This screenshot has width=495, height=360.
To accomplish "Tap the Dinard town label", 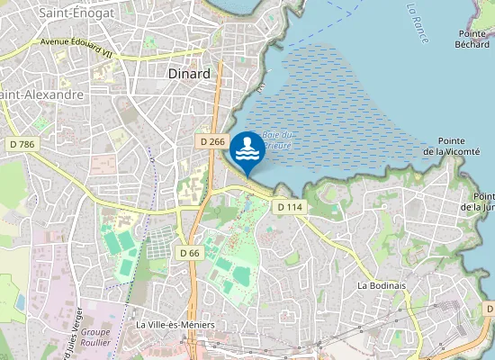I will [189, 74].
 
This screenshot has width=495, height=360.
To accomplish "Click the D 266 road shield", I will [212, 141].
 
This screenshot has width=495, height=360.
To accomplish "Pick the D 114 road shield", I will [289, 207].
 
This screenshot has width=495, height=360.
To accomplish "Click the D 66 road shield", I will [189, 253].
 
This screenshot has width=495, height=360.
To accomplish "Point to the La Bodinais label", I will [382, 285].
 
